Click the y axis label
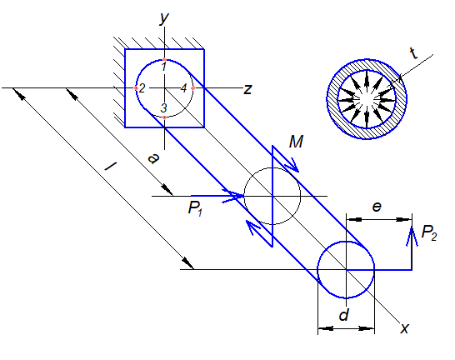(x=164, y=18)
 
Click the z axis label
(x=247, y=89)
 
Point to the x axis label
(x=405, y=328)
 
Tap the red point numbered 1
(x=164, y=59)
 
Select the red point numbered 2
(x=136, y=87)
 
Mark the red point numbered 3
(x=164, y=117)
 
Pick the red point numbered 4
(x=193, y=87)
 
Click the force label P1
(x=195, y=208)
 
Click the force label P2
(x=429, y=232)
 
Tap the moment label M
(x=296, y=142)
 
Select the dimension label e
(x=377, y=207)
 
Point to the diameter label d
(x=344, y=314)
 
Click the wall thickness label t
(x=414, y=53)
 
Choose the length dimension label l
(x=110, y=167)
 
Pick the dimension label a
(x=153, y=158)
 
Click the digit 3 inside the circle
(x=163, y=107)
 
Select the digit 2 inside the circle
(x=142, y=88)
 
